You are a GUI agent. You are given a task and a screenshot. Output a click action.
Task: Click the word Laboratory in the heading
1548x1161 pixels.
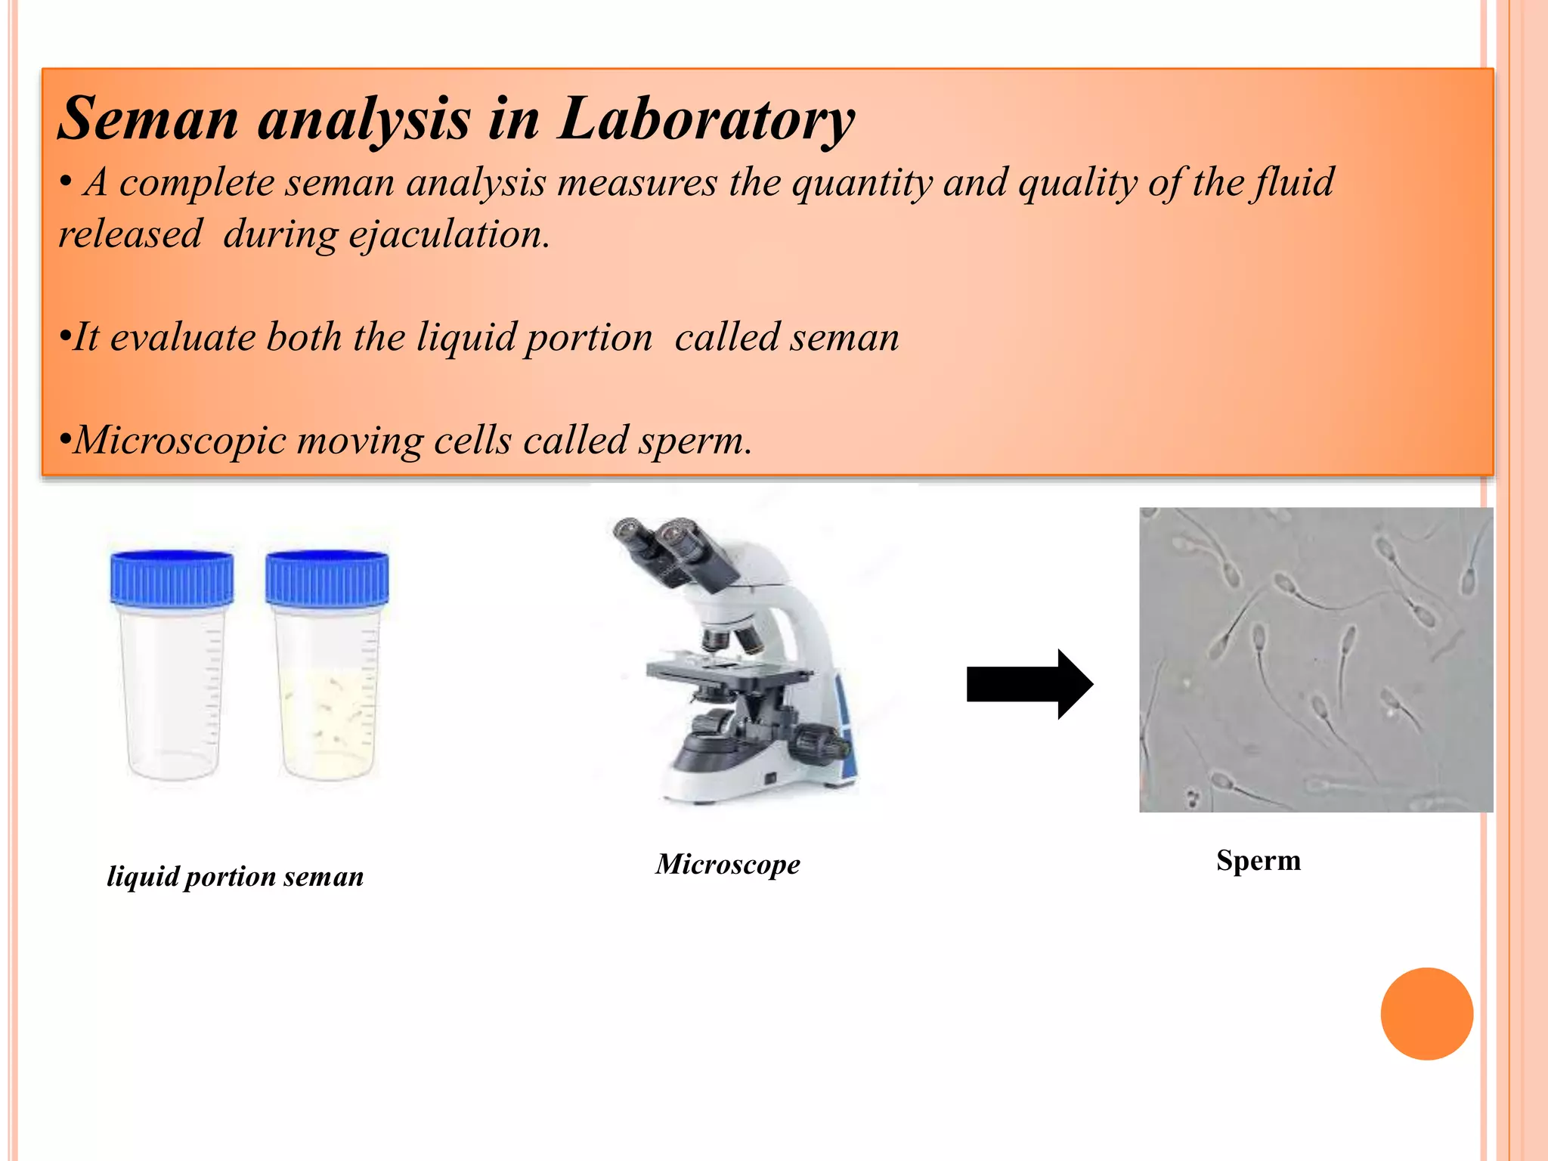click(x=706, y=119)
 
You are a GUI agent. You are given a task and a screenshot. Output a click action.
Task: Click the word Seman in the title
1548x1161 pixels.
click(x=148, y=119)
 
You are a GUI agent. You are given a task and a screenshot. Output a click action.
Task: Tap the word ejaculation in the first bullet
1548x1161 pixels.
click(x=447, y=234)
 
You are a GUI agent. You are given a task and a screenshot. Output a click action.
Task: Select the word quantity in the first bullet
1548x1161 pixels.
click(x=861, y=184)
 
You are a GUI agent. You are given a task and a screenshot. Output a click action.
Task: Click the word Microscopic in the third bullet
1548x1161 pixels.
click(x=180, y=440)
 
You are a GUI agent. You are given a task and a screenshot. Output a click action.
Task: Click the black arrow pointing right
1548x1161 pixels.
click(x=1029, y=684)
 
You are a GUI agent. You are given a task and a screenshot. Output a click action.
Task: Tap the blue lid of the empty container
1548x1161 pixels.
click(x=172, y=578)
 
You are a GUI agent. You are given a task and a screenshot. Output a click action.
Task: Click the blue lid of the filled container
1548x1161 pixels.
click(x=327, y=578)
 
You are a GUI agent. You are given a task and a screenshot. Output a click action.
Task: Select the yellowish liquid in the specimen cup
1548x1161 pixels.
click(x=327, y=722)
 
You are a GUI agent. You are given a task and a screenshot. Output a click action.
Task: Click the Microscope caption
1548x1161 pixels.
click(x=727, y=864)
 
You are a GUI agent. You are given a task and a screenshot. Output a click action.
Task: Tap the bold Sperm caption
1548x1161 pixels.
click(x=1258, y=861)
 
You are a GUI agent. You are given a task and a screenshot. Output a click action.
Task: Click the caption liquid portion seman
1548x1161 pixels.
click(x=235, y=877)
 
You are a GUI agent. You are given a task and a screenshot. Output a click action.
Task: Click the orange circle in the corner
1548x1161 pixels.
click(x=1426, y=1014)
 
